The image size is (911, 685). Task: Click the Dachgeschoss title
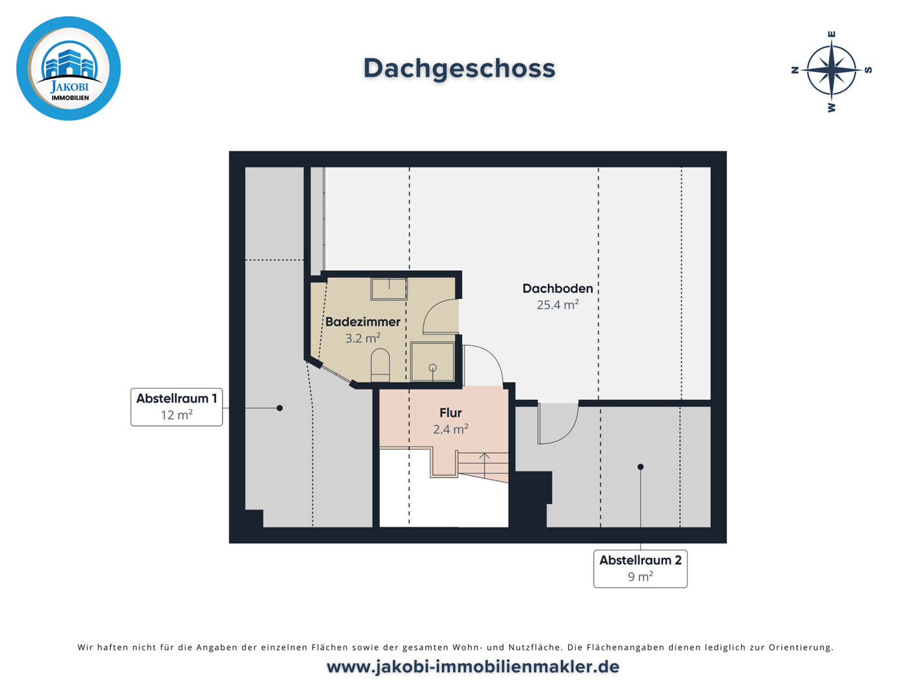click(459, 69)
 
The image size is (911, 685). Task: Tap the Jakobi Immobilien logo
click(68, 68)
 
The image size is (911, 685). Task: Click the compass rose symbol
click(832, 70)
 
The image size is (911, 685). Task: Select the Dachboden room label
click(558, 288)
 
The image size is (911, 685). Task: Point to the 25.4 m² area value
click(558, 305)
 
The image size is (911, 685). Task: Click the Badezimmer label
click(362, 322)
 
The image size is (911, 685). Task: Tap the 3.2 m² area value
click(362, 338)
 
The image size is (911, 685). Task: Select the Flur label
click(450, 413)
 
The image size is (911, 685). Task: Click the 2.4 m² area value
click(450, 429)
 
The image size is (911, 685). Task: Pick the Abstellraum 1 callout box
click(176, 407)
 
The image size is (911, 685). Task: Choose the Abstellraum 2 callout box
click(640, 568)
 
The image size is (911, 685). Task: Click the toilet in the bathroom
click(380, 365)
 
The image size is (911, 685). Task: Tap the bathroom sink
click(389, 289)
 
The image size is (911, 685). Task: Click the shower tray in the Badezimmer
click(432, 361)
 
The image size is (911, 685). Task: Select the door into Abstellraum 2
click(558, 423)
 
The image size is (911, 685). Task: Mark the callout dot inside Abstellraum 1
click(280, 408)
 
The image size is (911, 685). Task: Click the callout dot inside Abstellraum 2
click(640, 467)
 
